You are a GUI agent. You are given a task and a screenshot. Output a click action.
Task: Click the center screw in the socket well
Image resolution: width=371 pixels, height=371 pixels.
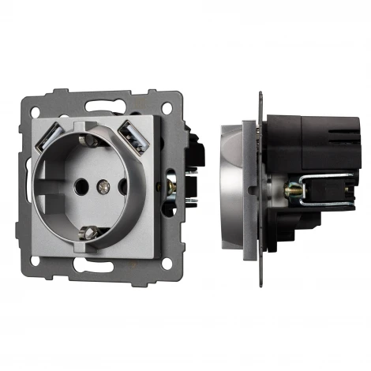coord(100,189)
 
